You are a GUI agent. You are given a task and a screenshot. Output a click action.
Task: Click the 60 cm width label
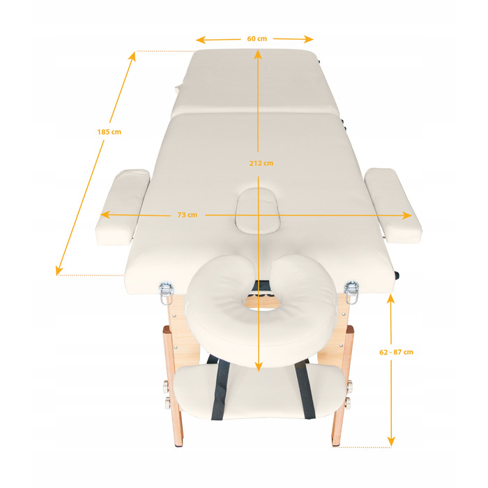click(x=257, y=38)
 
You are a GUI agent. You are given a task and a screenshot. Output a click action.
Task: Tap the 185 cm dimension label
click(x=109, y=132)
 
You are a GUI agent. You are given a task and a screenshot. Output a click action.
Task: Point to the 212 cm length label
click(x=261, y=163)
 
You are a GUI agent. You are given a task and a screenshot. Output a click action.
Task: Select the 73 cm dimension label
click(x=187, y=215)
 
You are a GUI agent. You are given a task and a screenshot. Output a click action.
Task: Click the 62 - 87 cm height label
click(x=396, y=352)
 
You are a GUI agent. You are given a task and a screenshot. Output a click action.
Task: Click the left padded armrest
click(x=122, y=207)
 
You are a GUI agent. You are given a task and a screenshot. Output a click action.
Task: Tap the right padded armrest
click(x=393, y=206)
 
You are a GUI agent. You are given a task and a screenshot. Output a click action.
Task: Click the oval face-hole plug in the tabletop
click(x=258, y=210)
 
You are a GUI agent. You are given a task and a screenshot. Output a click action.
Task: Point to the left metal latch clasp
click(x=166, y=292)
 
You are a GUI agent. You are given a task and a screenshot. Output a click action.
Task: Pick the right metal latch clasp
click(x=351, y=291)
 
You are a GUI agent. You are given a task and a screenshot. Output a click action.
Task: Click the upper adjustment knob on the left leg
click(x=166, y=387)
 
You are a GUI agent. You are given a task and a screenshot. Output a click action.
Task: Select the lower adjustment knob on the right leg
click(x=348, y=403)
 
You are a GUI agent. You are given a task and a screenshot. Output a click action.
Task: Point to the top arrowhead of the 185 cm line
click(x=132, y=56)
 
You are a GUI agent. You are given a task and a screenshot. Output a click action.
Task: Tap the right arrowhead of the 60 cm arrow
click(x=308, y=39)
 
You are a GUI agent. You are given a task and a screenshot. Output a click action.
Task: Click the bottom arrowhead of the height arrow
click(x=391, y=441)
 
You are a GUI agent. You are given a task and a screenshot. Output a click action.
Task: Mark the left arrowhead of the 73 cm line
click(x=105, y=215)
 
